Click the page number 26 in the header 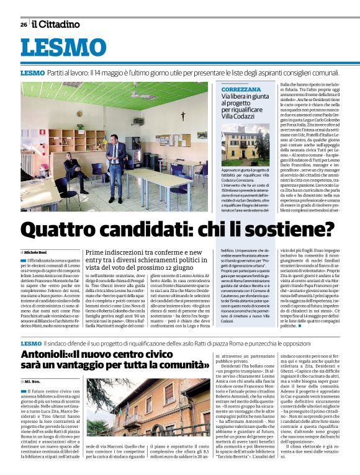[x=23, y=24]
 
